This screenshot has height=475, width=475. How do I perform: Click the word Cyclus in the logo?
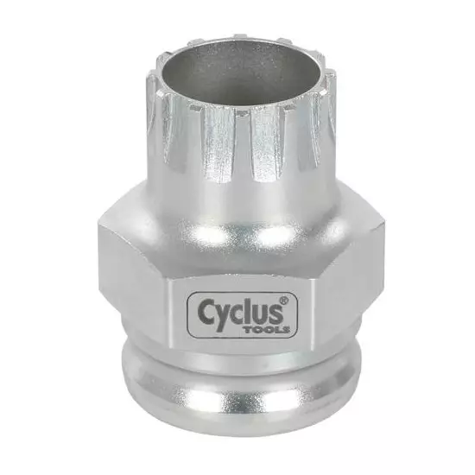click(238, 311)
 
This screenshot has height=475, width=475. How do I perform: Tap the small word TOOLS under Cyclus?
click(267, 330)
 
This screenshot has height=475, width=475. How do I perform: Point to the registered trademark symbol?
click(284, 301)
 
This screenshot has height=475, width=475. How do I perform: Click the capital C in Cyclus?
click(206, 311)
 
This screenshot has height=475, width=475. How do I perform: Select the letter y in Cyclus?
click(222, 316)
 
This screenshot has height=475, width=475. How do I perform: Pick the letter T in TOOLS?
click(249, 330)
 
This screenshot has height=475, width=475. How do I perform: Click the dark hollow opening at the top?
click(240, 73)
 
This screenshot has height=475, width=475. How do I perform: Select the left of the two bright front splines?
click(218, 142)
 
